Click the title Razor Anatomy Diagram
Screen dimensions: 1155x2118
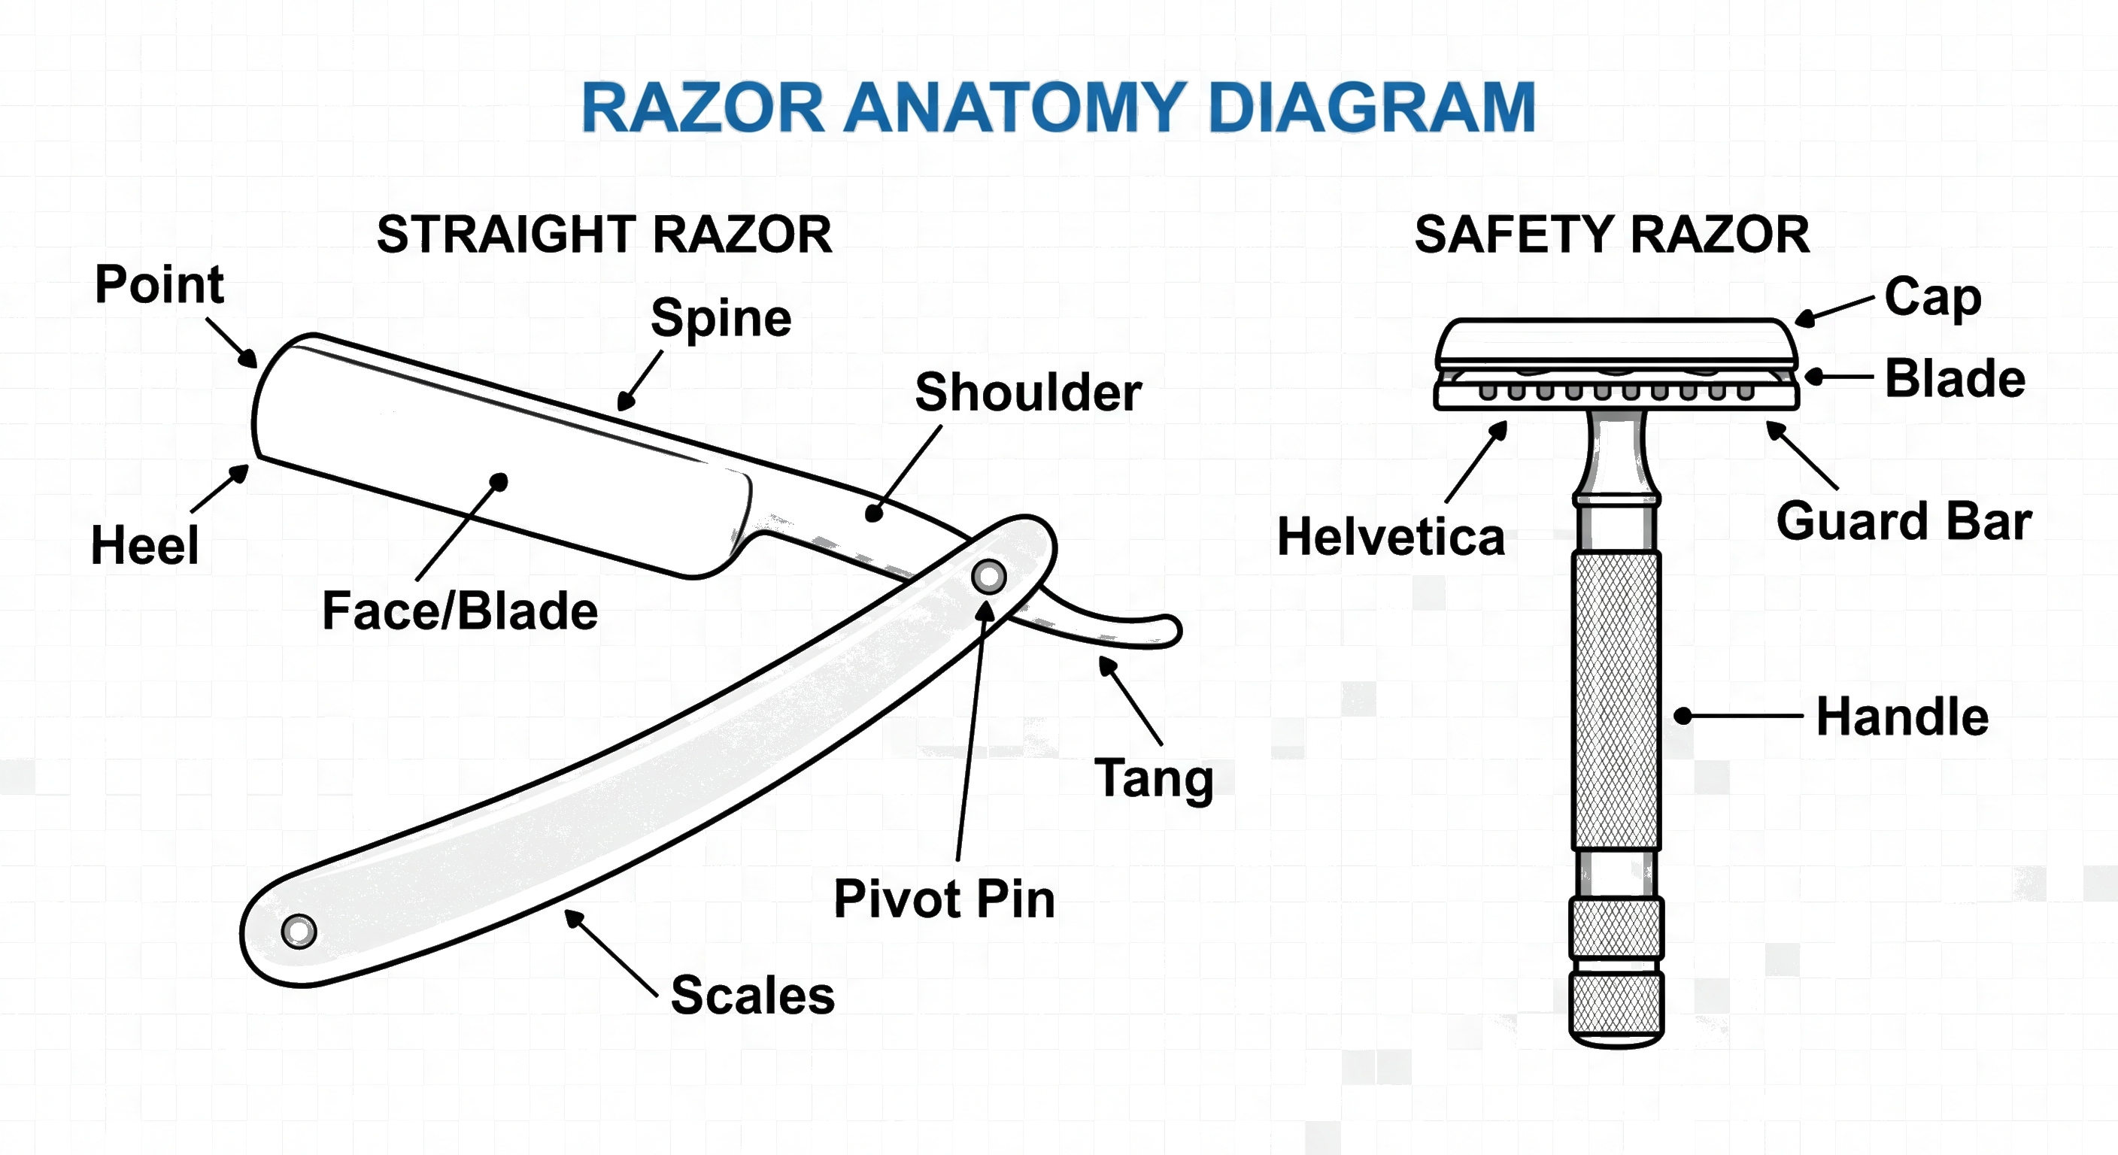(1058, 108)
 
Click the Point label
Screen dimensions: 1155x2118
(159, 284)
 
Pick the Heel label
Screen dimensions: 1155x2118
(144, 545)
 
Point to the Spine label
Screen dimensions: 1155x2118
(721, 318)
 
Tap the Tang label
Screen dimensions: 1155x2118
(1154, 778)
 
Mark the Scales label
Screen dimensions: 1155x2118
(752, 995)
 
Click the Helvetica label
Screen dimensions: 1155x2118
(1391, 537)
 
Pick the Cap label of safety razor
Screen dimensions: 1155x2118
(1932, 297)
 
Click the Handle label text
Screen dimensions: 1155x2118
(1901, 716)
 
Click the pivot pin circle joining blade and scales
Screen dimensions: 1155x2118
(988, 576)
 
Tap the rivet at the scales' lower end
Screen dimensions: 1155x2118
(299, 932)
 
